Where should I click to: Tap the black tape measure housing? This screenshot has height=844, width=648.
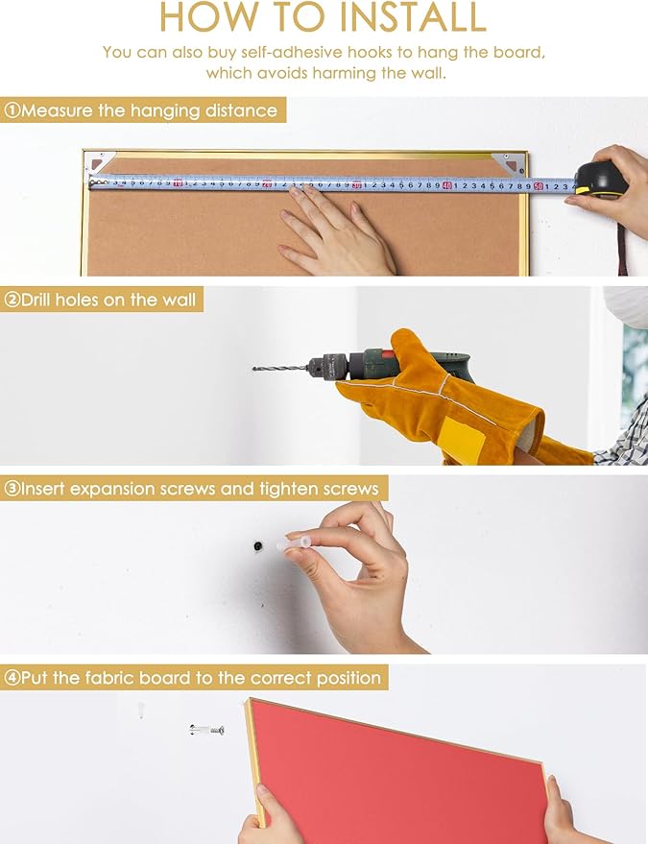(x=601, y=179)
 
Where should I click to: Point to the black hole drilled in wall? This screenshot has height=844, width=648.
(x=258, y=546)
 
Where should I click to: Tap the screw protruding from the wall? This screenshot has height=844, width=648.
(x=206, y=730)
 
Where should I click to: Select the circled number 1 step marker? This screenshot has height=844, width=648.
(x=12, y=110)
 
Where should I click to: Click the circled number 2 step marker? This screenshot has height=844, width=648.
(x=12, y=300)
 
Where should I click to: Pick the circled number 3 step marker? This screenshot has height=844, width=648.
(x=12, y=489)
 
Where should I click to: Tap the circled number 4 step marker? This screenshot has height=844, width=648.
(x=12, y=678)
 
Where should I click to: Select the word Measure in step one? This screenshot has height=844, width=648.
(x=57, y=110)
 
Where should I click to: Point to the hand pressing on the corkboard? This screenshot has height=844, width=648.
(x=336, y=231)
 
